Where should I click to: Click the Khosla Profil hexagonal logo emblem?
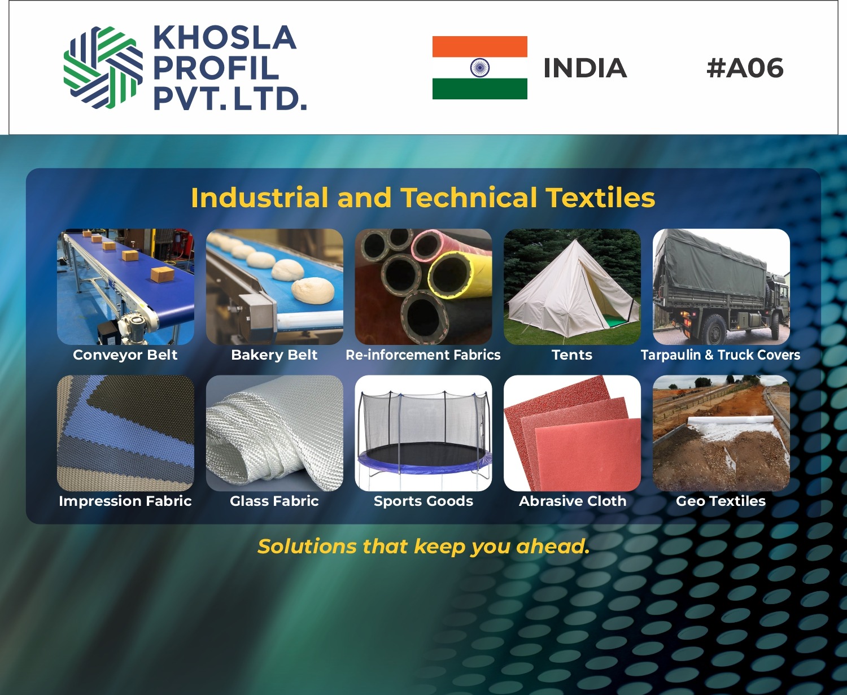[x=103, y=67]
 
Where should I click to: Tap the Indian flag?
[x=479, y=67]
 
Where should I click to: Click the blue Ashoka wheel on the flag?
[x=479, y=67]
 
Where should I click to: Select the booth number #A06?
[x=745, y=67]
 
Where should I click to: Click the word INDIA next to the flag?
[x=585, y=68]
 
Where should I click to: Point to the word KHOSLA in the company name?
[x=225, y=37]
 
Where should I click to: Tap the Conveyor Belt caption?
[x=125, y=355]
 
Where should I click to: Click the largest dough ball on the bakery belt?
[x=312, y=291]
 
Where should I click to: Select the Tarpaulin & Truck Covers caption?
[x=721, y=355]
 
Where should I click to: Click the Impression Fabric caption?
[x=125, y=501]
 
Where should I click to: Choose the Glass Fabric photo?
[x=274, y=433]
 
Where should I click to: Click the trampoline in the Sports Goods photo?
[x=423, y=436]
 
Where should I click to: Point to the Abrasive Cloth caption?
[x=573, y=501]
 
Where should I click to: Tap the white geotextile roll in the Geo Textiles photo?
[x=731, y=421]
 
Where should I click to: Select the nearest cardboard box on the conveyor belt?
[x=162, y=276]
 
